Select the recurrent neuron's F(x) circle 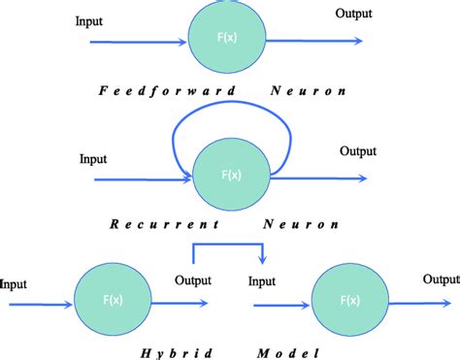pos(231,176)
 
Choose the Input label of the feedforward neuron pos(90,19)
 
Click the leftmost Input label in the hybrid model pos(15,284)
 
